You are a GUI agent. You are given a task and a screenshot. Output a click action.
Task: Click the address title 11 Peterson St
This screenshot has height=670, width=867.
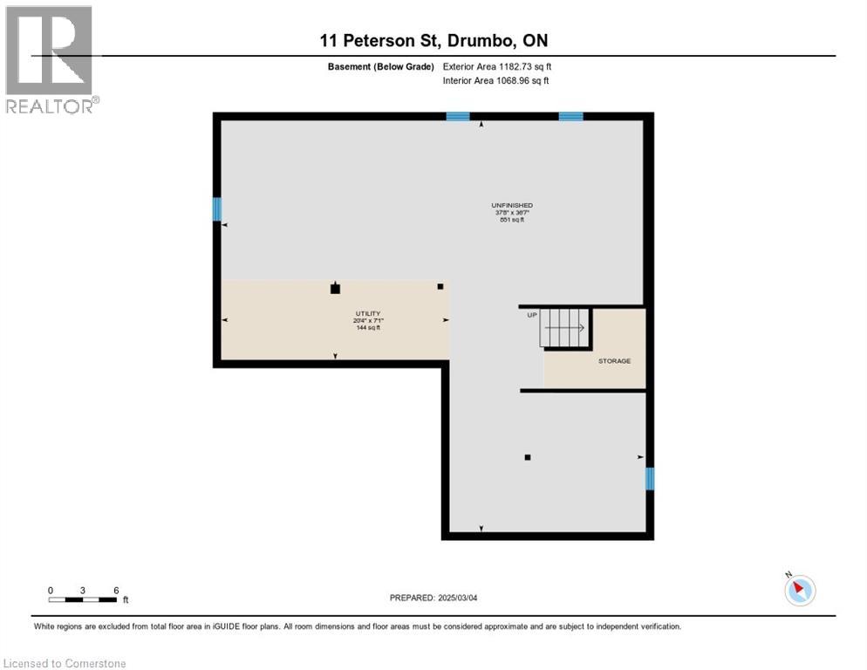tap(433, 40)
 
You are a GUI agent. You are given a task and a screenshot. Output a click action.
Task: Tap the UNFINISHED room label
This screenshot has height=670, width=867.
tap(512, 205)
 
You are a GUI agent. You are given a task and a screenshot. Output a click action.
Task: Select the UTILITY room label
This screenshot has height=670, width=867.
tap(367, 313)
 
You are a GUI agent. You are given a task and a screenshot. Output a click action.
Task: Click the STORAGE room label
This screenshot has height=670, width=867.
tap(614, 360)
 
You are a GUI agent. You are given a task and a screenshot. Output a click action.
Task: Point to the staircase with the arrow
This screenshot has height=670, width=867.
tap(565, 327)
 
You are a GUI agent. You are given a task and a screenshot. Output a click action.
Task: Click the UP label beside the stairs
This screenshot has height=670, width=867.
tap(531, 315)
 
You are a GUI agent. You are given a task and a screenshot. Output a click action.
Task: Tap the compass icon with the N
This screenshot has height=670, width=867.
tap(799, 590)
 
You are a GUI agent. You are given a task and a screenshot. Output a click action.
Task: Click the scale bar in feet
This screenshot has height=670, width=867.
tap(84, 598)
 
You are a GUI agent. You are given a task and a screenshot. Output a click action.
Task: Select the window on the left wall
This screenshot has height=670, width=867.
tap(217, 209)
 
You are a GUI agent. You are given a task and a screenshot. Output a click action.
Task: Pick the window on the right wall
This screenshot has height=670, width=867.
tap(649, 479)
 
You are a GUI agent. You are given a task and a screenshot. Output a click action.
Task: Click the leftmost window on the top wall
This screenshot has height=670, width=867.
tap(458, 116)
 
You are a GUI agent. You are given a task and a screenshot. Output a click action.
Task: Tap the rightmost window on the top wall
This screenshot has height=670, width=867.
tap(570, 116)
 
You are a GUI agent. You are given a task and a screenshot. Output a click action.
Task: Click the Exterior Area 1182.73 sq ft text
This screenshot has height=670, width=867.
tap(497, 66)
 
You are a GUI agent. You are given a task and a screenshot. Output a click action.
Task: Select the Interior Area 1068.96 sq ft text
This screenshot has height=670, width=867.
tap(495, 81)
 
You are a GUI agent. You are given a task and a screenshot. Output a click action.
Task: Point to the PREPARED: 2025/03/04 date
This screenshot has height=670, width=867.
tap(433, 598)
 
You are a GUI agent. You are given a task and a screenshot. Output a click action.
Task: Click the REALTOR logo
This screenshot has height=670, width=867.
tap(50, 59)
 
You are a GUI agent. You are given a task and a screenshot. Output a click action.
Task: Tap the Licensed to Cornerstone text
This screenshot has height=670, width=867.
tap(65, 664)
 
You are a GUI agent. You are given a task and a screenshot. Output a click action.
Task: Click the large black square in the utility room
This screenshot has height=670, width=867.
tap(335, 289)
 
